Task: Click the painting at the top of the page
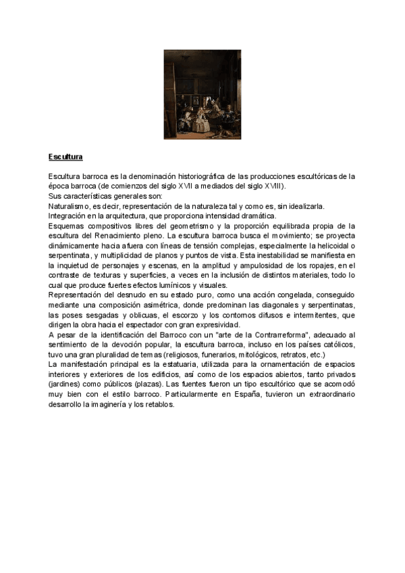[202, 94]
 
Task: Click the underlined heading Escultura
[65, 157]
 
